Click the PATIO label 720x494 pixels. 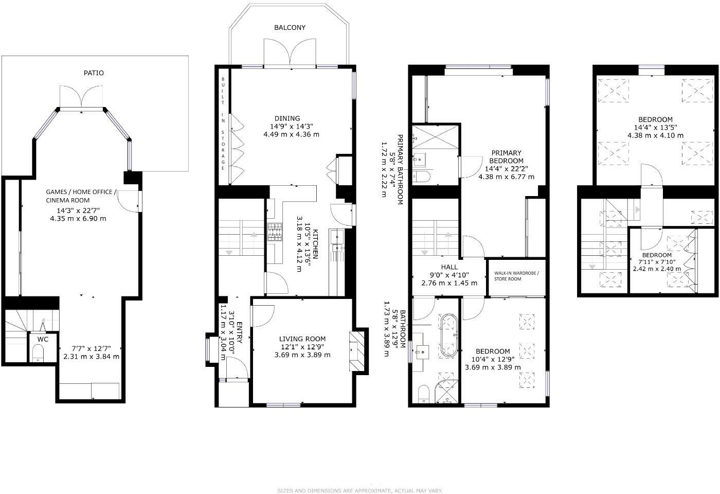[94, 73]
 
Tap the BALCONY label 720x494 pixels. [290, 27]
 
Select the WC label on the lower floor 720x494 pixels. [43, 340]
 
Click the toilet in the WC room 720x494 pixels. [38, 354]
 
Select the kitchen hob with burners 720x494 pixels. [275, 232]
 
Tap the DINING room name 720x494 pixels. [287, 118]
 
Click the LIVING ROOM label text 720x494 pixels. [302, 339]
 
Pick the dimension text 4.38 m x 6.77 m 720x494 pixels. [506, 177]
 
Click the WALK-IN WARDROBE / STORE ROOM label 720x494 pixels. [516, 276]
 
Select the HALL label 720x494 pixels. [449, 267]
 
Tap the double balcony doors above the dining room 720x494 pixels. [290, 52]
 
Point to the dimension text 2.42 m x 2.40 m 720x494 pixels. [657, 269]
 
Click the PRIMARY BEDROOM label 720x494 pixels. [506, 156]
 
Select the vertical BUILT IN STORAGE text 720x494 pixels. [223, 123]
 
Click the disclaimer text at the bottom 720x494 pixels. [360, 490]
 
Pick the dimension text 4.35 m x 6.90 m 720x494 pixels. [78, 218]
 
